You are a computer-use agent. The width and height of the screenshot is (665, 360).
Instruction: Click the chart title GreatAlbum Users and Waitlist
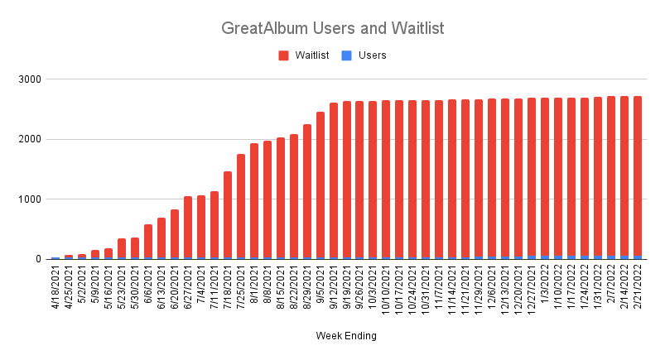point(333,28)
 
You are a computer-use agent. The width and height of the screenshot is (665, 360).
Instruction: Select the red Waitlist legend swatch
point(283,55)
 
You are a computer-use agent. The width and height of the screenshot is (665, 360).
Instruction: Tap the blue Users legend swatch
point(346,55)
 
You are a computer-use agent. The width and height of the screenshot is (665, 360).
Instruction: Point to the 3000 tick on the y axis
point(30,79)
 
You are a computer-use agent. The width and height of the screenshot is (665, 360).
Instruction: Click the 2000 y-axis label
point(30,139)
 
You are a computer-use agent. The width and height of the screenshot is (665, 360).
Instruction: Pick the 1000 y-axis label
point(30,199)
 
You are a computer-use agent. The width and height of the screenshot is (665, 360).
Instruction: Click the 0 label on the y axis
point(38,259)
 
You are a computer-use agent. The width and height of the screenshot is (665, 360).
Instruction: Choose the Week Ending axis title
point(346,336)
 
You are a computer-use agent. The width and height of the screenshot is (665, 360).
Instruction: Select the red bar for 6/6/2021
point(148,241)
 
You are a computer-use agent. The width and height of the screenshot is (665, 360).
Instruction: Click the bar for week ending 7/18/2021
point(228,215)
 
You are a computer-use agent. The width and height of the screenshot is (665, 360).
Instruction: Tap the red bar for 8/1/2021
point(254,200)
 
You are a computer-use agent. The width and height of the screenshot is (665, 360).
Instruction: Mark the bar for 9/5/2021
point(320,185)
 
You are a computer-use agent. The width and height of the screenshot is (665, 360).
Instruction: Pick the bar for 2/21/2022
point(638,178)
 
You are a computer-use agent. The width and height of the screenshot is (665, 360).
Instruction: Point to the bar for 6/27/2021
point(188,228)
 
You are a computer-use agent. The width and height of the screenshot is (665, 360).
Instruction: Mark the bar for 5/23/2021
point(122,249)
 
